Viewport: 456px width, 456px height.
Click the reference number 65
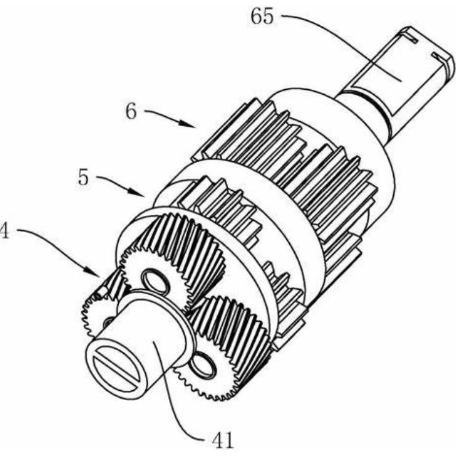(x=262, y=17)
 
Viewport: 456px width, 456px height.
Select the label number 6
(x=131, y=111)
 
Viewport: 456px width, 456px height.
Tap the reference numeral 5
(x=83, y=178)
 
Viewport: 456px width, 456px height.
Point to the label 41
(x=223, y=439)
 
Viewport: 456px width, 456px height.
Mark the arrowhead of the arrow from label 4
(x=92, y=272)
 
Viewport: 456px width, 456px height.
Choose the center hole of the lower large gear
(x=202, y=366)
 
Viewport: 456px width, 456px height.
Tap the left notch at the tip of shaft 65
(x=410, y=37)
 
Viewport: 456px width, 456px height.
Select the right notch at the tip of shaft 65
(x=440, y=57)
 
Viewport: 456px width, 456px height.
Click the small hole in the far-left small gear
(x=109, y=321)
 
